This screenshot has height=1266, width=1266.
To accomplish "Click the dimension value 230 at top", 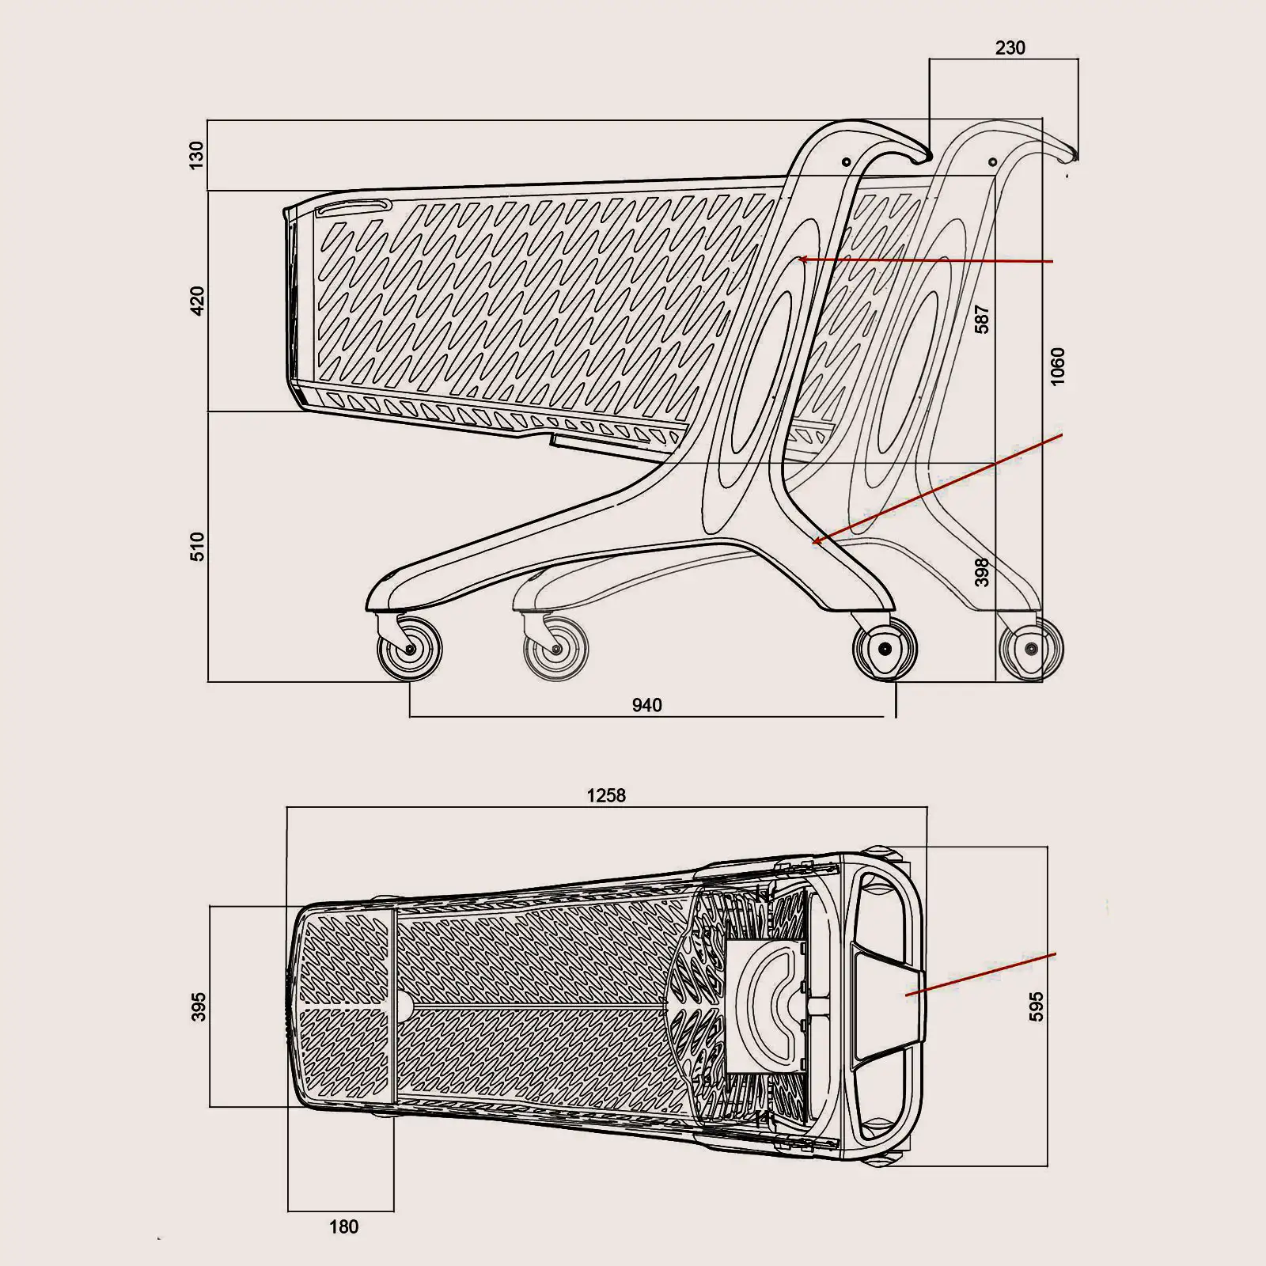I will pos(1010,48).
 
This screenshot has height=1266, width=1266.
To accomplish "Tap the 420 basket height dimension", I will pos(197,301).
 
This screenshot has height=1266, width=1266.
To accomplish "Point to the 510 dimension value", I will pos(197,547).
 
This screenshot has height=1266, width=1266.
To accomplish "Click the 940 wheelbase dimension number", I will pos(646,705).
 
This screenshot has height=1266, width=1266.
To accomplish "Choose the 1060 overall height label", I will pos(1058,366).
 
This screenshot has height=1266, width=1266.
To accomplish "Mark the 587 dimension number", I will pos(982,319).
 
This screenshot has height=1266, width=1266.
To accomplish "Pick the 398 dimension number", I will pos(982,572).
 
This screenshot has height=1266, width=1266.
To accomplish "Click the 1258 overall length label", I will pos(606,796).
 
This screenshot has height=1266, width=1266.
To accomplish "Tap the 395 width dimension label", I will pos(199,1006).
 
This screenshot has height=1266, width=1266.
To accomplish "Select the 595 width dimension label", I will pos(1037,1006).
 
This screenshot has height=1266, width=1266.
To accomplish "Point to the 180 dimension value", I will pos(343,1227).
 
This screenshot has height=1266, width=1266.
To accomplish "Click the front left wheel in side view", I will pos(410,649).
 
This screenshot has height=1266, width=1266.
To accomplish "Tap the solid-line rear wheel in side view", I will pos(885,649).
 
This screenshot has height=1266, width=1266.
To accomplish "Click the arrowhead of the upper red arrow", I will pos(801,259).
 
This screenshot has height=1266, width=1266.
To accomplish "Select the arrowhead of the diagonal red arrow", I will pos(816,542).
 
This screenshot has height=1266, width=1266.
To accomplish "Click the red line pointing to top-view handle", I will pos(981,974).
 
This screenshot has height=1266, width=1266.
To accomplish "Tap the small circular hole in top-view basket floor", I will pos(403,1006).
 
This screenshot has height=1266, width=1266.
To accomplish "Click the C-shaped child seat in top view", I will pos(771,998).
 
